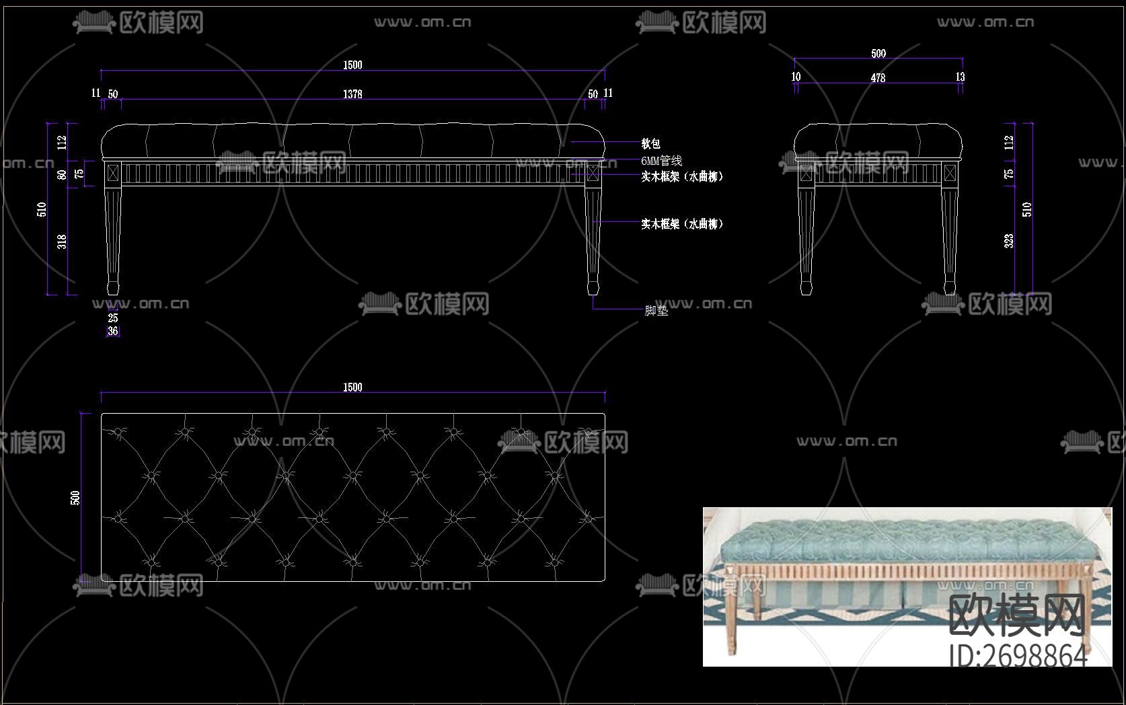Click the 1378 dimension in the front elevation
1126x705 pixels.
pyautogui.click(x=352, y=94)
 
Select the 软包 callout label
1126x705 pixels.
pyautogui.click(x=650, y=143)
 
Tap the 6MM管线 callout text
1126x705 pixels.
pyautogui.click(x=661, y=161)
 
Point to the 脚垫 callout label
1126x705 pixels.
pyautogui.click(x=656, y=311)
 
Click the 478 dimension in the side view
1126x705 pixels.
pyautogui.click(x=878, y=78)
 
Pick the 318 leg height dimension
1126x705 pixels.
pyautogui.click(x=62, y=241)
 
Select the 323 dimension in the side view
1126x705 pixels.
pyautogui.click(x=1009, y=240)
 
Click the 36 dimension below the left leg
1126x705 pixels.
pyautogui.click(x=113, y=331)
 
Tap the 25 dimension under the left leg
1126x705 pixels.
pyautogui.click(x=113, y=318)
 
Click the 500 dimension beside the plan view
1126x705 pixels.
pyautogui.click(x=75, y=497)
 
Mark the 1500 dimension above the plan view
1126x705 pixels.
pyautogui.click(x=352, y=387)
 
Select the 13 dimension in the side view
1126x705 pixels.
pyautogui.click(x=960, y=77)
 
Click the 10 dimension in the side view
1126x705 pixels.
pyautogui.click(x=796, y=77)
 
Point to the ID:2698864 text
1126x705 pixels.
pyautogui.click(x=1018, y=655)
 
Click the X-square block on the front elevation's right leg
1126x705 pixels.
pyautogui.click(x=593, y=173)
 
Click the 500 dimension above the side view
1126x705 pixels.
pyautogui.click(x=878, y=54)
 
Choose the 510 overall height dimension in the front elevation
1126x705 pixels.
pyautogui.click(x=42, y=209)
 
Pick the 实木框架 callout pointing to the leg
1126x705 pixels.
pyautogui.click(x=681, y=224)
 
